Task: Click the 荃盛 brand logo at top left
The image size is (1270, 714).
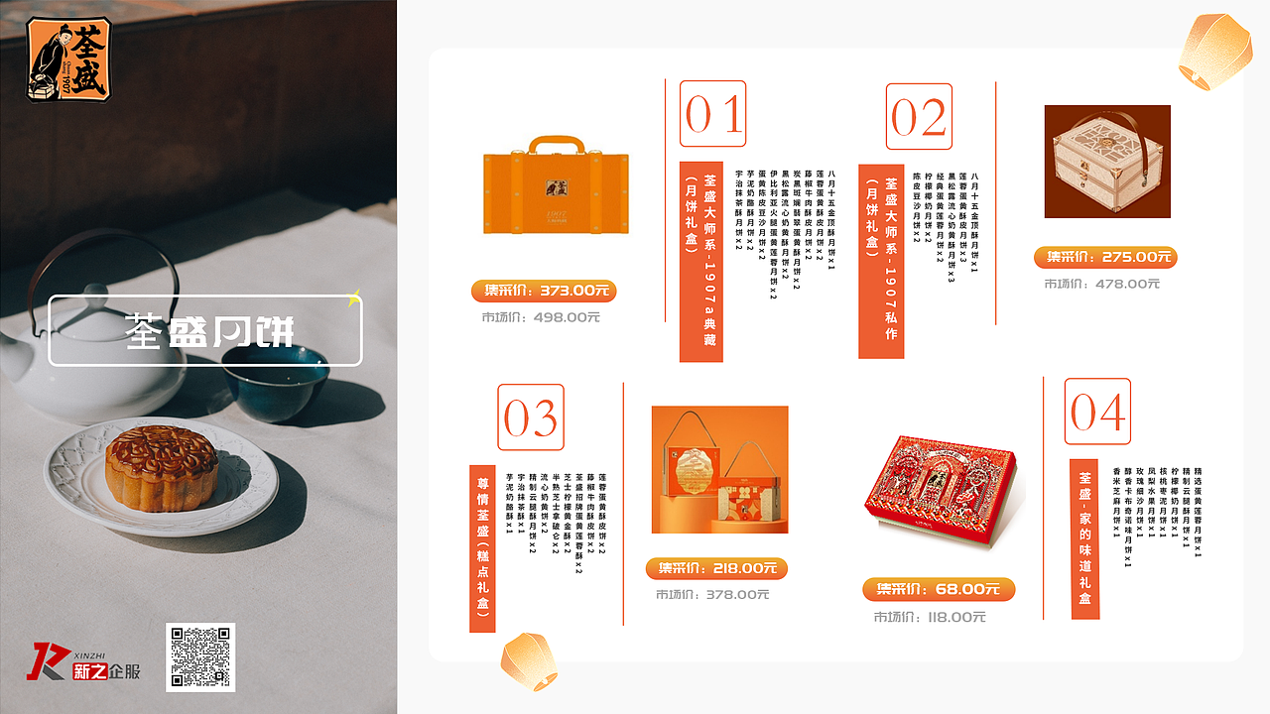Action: (68, 60)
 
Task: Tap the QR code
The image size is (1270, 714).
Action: (200, 656)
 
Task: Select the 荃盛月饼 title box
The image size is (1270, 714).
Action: (205, 331)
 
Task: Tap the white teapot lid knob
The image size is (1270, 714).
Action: (95, 292)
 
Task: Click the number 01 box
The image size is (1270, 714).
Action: (712, 114)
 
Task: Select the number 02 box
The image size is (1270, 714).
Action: (919, 117)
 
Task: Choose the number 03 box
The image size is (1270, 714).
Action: (531, 417)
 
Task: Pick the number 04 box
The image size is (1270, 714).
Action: (1097, 412)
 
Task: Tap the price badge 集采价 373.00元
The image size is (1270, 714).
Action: (544, 291)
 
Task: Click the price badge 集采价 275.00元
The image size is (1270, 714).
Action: (1105, 257)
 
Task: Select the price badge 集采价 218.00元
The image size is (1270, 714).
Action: (716, 568)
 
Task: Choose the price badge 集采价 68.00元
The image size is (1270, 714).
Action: (939, 589)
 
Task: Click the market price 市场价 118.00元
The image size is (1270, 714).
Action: (930, 617)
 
